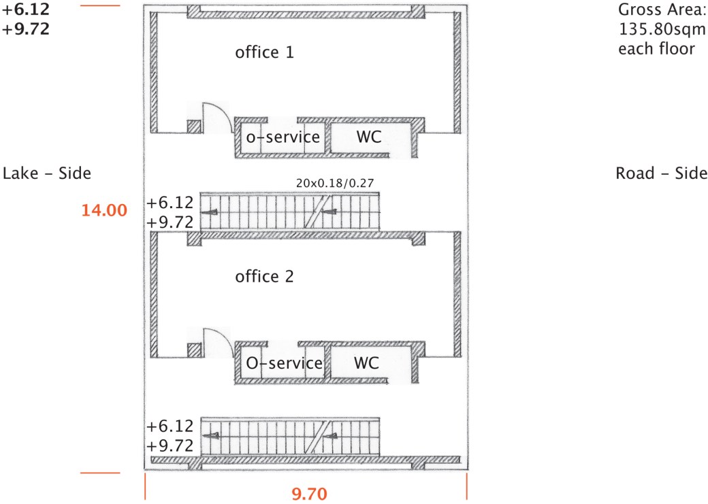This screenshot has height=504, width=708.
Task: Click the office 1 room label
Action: tap(264, 52)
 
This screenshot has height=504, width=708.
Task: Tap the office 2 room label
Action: tap(264, 276)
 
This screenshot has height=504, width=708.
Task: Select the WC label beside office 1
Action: tap(369, 137)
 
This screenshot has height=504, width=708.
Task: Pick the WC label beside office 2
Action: tap(366, 363)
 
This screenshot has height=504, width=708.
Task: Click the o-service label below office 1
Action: tap(283, 137)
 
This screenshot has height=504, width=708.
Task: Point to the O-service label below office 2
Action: tap(284, 363)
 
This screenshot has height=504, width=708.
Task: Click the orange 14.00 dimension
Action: tap(104, 210)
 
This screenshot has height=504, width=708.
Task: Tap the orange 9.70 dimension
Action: tap(309, 494)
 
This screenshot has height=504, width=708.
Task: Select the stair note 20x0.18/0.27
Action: tap(335, 183)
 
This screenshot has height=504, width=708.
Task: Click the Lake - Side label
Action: tap(47, 173)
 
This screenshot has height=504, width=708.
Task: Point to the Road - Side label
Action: tap(662, 173)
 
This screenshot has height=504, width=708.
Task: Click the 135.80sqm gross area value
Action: tap(662, 29)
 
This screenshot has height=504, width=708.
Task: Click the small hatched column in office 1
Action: tap(194, 127)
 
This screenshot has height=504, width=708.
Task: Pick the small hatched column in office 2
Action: tap(194, 350)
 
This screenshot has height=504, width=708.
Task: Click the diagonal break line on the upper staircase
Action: tap(318, 211)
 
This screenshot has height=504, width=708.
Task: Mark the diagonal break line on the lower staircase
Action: tap(318, 437)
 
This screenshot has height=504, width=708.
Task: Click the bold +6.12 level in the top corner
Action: tap(26, 9)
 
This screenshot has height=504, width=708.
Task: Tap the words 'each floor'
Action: tap(656, 48)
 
